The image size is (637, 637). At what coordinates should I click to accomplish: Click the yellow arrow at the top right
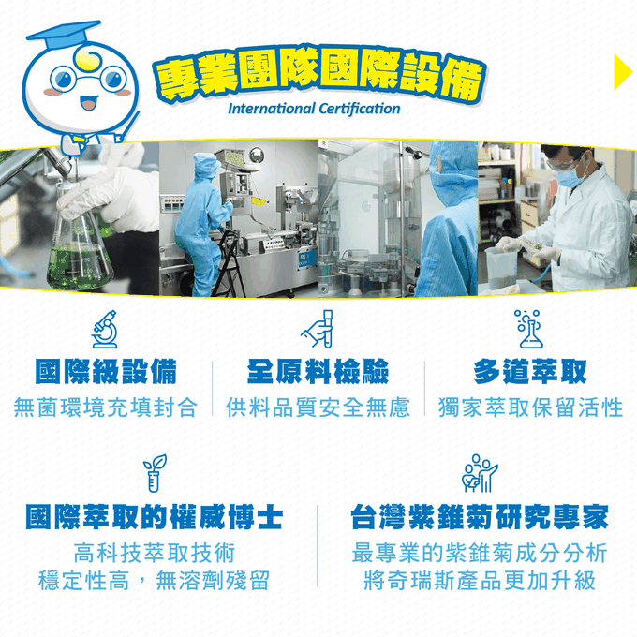622,72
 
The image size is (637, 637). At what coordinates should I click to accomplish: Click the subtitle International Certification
314,109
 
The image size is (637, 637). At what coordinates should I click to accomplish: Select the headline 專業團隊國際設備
319,74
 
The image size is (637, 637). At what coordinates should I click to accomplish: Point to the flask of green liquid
82,239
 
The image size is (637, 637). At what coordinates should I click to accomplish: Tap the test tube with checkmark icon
318,328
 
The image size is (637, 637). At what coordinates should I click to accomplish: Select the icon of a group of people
479,474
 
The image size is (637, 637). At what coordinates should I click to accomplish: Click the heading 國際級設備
105,371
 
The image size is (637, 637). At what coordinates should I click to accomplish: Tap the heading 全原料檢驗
318,371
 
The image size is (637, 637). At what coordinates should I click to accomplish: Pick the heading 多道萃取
529,371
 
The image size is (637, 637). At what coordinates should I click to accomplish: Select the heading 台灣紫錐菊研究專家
479,516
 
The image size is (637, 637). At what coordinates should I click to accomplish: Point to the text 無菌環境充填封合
105,407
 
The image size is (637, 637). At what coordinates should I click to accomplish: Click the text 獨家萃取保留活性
529,407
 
